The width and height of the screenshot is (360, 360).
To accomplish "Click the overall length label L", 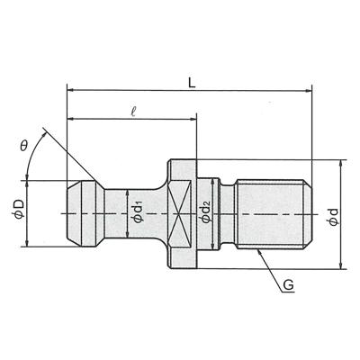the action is [x=192, y=83].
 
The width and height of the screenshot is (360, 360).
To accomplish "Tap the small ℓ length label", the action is [x=134, y=112].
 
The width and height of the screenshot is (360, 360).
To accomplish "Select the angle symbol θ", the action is [x=23, y=146].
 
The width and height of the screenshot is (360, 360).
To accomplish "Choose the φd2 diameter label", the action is [x=206, y=212].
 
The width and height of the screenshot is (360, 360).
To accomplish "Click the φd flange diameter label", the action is [x=333, y=216].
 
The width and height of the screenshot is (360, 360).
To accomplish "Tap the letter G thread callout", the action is [x=288, y=285].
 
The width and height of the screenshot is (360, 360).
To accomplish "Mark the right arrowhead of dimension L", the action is [x=309, y=90].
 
